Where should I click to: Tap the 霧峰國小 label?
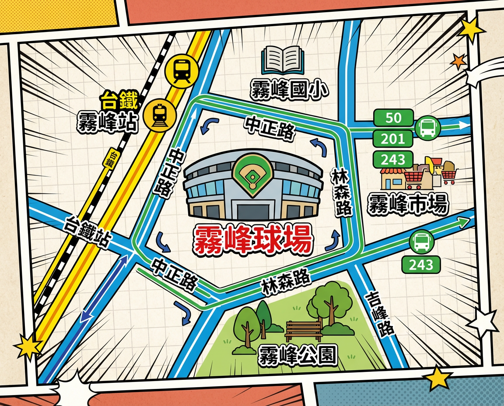tap(289, 89)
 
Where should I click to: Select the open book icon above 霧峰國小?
tap(283, 61)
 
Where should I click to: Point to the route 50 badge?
tap(393, 118)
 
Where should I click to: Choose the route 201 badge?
tap(393, 139)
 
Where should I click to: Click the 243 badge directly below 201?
tap(392, 159)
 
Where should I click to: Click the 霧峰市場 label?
tap(408, 204)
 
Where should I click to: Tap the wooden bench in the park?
tap(303, 330)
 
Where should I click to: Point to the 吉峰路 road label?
tap(379, 312)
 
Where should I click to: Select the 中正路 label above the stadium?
tap(269, 127)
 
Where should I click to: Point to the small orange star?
tap(458, 61)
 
